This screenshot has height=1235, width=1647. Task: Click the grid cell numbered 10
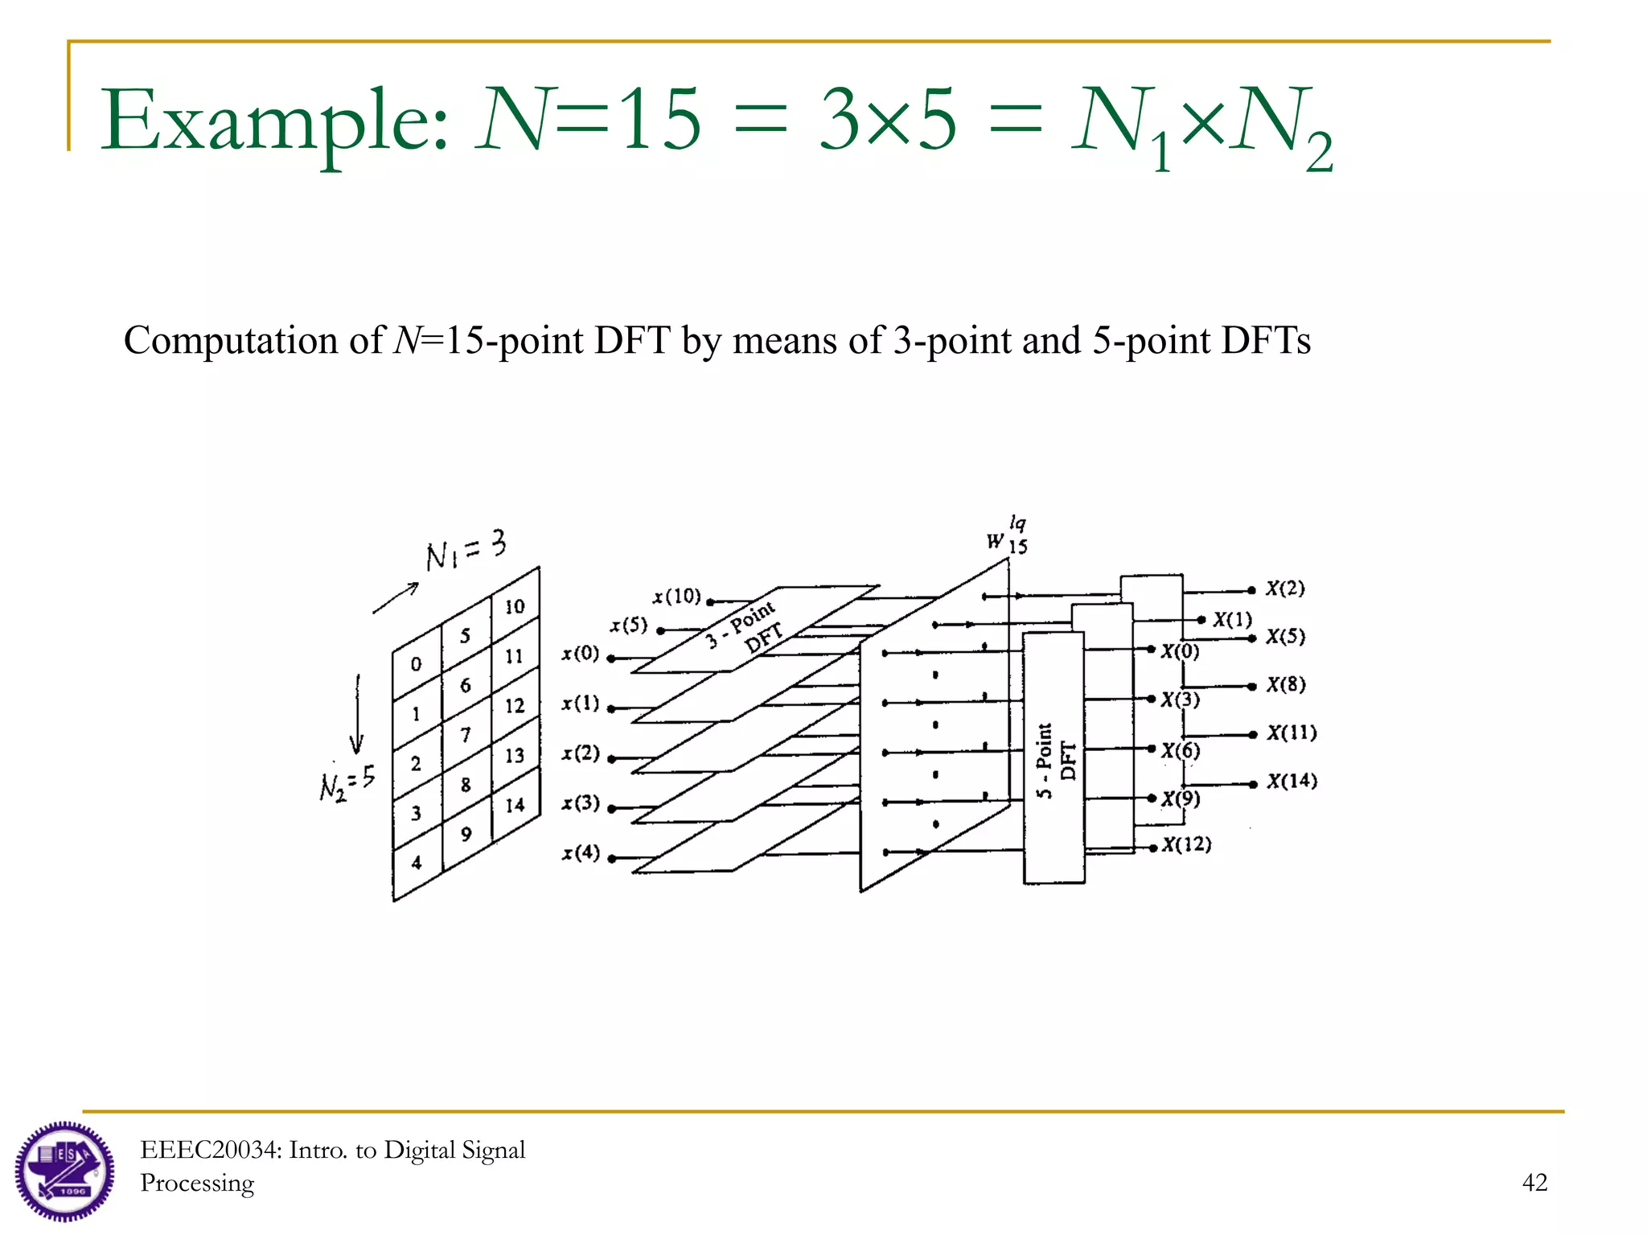click(x=515, y=607)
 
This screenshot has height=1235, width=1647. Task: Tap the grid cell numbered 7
click(x=466, y=735)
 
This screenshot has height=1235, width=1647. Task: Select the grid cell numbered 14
click(x=515, y=805)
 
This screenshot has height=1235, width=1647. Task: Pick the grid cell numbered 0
click(x=416, y=664)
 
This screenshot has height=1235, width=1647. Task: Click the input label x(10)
click(x=676, y=597)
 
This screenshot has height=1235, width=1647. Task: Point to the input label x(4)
click(x=581, y=852)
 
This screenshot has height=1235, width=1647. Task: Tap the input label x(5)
click(x=628, y=625)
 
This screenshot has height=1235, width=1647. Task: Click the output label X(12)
click(x=1186, y=844)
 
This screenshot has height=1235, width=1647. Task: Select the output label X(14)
click(x=1292, y=781)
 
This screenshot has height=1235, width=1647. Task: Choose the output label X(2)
click(x=1285, y=589)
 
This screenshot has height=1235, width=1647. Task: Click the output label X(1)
click(x=1232, y=619)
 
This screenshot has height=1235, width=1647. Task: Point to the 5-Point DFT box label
click(x=1054, y=760)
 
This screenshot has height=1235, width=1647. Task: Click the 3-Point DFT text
click(x=744, y=627)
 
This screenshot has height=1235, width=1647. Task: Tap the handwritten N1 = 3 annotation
click(x=466, y=550)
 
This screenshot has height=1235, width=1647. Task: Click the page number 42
click(x=1534, y=1182)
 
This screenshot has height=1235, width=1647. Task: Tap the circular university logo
click(x=64, y=1171)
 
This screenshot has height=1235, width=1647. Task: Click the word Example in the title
click(x=273, y=121)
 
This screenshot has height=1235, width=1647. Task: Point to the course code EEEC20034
click(x=211, y=1150)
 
